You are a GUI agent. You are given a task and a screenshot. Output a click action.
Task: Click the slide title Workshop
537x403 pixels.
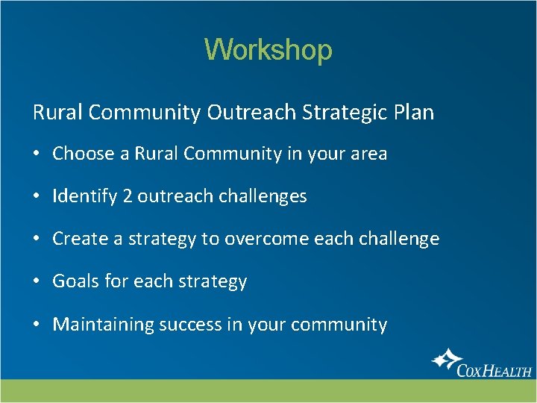268,50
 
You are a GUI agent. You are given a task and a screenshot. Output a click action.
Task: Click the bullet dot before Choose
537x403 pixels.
37,154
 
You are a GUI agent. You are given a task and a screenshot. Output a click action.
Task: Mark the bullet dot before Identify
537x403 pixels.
37,197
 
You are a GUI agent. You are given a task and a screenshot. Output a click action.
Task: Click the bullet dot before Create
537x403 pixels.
37,240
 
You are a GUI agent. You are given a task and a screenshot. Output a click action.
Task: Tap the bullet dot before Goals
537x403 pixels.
37,282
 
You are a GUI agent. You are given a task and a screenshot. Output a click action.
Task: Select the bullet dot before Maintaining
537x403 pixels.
37,325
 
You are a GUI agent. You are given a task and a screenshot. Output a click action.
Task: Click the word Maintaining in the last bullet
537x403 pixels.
103,325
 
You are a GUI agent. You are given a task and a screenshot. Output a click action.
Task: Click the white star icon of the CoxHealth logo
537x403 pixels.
446,360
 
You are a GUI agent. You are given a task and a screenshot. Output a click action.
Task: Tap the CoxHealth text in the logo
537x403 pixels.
494,369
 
